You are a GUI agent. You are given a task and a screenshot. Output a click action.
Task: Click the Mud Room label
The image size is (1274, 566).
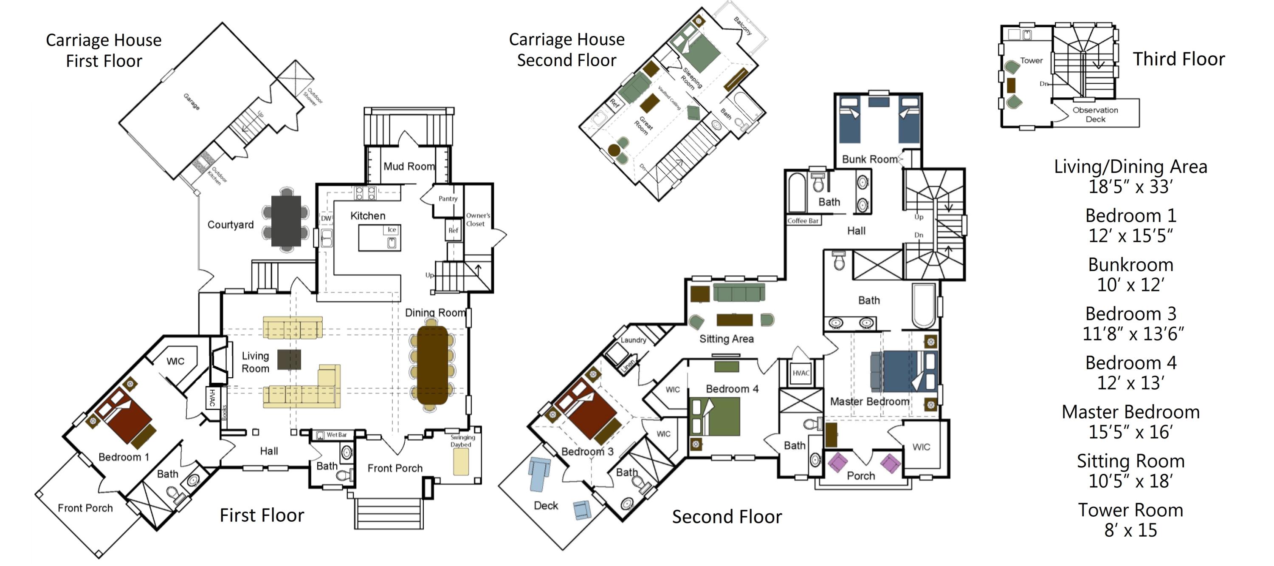pos(409,166)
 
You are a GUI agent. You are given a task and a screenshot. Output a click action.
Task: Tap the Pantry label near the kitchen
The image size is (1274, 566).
pos(448,198)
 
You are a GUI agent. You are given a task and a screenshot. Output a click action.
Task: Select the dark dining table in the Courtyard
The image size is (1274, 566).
pos(286,221)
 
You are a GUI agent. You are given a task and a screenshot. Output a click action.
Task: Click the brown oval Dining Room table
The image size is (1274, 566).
pos(432,365)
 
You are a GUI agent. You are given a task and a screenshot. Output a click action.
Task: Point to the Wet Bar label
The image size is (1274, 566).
pos(336,435)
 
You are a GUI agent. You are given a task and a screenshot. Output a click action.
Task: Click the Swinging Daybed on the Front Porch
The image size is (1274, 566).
pos(461,461)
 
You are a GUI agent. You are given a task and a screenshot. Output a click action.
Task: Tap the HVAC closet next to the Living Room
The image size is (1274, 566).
pos(212,398)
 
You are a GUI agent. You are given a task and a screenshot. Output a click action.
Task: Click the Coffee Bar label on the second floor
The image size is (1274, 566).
pos(803,221)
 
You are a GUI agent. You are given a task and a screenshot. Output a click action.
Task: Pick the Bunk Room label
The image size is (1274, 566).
pos(869,159)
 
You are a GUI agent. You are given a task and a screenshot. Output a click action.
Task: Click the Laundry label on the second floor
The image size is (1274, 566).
pos(633,340)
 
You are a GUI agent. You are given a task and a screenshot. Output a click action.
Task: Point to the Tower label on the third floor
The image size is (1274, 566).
pos(1031,60)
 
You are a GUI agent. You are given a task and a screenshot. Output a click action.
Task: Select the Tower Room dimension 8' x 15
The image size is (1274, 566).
pos(1130,530)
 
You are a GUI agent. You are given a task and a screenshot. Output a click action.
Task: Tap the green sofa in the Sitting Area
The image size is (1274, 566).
pos(739,293)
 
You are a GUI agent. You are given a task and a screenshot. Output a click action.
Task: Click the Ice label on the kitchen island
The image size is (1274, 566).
pos(392,229)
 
